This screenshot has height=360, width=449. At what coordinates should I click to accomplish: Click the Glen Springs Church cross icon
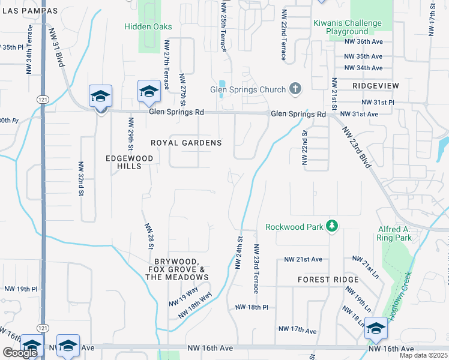295,89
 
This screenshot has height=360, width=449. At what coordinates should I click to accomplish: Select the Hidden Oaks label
148,26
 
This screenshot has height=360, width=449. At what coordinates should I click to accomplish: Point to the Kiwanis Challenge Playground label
348,27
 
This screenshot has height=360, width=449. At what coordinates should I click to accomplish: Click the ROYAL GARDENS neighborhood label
186,143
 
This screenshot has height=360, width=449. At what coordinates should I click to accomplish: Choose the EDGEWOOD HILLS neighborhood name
129,162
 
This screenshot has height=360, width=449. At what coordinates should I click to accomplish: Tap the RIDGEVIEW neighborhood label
376,86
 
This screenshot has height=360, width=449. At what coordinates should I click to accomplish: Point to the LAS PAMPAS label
31,11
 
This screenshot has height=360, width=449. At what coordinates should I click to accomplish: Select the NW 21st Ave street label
304,259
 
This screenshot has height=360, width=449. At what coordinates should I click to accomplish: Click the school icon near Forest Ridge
376,329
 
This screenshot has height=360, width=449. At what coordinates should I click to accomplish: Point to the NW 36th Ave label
364,41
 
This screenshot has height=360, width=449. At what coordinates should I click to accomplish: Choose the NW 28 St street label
149,239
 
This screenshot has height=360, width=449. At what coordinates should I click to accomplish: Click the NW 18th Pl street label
252,307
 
